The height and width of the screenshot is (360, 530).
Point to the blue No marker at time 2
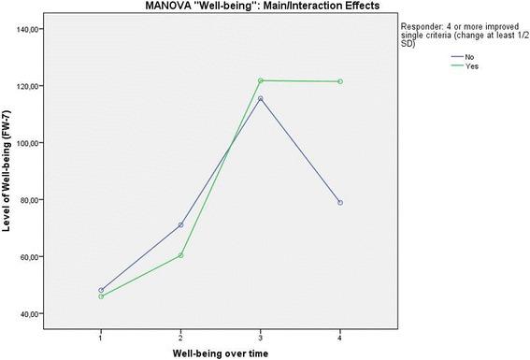coord(180,224)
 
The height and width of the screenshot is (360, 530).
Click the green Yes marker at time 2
coord(180,255)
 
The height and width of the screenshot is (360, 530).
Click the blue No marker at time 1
coord(101,290)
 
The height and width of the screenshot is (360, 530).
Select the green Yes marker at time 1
coord(101,296)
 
